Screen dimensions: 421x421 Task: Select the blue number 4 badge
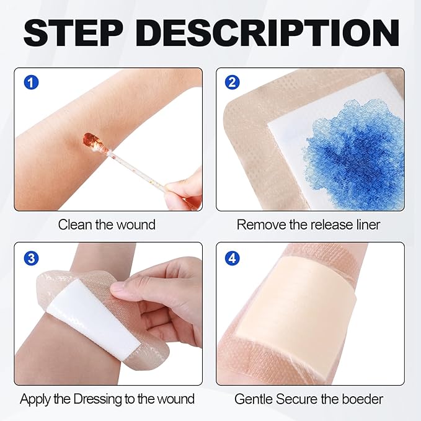[x=232, y=257]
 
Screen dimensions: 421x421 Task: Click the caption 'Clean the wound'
[x=107, y=224]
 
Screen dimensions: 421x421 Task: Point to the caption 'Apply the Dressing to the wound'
[x=107, y=399]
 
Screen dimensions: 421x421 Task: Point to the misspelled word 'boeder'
[x=365, y=399]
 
